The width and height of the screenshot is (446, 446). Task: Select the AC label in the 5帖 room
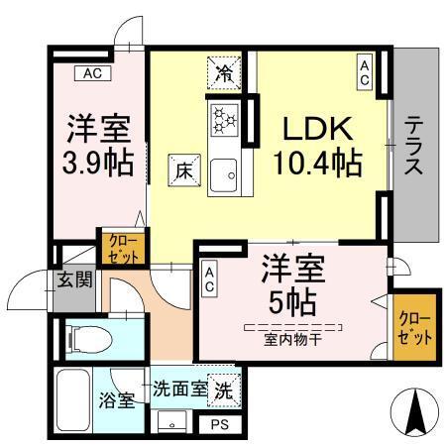pyautogui.click(x=210, y=279)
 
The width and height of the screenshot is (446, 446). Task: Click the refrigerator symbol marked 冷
pyautogui.click(x=224, y=73)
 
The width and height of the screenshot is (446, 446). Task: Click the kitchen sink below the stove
pyautogui.click(x=224, y=173)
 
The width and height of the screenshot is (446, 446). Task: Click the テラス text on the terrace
pyautogui.click(x=413, y=146)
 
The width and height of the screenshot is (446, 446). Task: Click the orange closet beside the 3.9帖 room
pyautogui.click(x=120, y=247)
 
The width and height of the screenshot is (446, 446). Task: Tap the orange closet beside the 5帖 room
pyautogui.click(x=410, y=326)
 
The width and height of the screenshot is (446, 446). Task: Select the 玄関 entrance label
pyautogui.click(x=73, y=279)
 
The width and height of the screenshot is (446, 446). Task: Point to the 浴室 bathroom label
pyautogui.click(x=116, y=401)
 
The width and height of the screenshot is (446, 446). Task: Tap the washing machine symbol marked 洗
pyautogui.click(x=225, y=390)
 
